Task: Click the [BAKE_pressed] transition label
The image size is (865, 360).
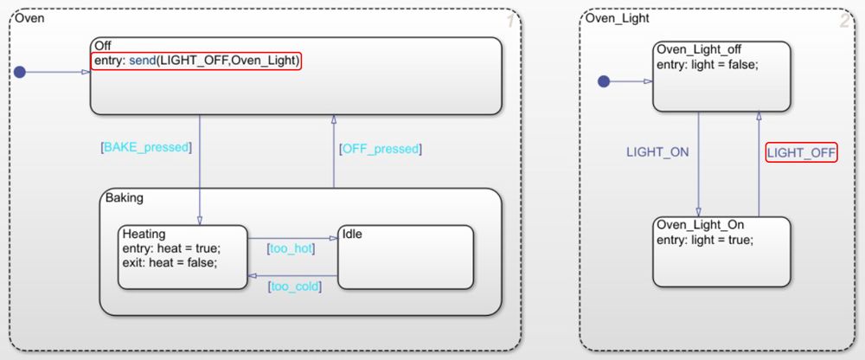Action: [145, 147]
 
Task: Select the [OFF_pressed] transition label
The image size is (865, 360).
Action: [380, 149]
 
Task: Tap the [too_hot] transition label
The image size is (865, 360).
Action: [290, 248]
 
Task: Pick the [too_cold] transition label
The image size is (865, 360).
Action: [294, 286]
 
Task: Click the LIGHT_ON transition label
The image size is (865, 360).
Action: [657, 152]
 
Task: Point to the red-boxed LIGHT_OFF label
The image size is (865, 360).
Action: [801, 153]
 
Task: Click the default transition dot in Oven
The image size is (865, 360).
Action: [20, 73]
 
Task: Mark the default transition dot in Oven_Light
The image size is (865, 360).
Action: [604, 81]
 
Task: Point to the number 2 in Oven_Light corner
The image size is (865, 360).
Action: [844, 22]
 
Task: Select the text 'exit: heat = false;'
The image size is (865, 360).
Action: [170, 262]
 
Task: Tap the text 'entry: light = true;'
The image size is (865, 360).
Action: [705, 240]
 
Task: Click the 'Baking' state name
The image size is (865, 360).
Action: [124, 198]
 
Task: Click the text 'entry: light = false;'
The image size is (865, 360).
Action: [708, 65]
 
